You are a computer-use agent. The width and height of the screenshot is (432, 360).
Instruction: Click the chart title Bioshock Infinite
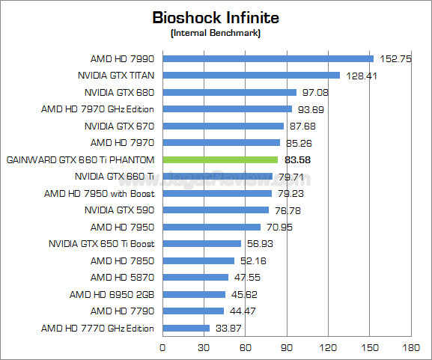click(x=216, y=16)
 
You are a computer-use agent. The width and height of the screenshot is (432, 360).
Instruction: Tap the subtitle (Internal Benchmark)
click(x=216, y=33)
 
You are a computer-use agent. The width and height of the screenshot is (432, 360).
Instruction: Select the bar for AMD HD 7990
click(x=267, y=58)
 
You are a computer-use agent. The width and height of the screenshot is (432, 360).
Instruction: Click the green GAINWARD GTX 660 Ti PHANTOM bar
click(x=220, y=159)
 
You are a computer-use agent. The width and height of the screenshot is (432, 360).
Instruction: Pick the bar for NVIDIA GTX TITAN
click(x=251, y=75)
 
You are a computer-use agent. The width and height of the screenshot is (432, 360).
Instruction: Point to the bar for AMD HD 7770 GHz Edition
click(x=186, y=328)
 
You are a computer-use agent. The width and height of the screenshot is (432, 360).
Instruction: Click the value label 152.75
click(x=395, y=58)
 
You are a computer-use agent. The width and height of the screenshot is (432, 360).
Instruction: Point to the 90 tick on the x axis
click(x=287, y=348)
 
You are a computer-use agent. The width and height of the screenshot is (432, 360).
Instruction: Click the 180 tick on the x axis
click(x=410, y=348)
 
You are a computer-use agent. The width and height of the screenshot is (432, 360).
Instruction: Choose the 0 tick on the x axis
click(x=162, y=348)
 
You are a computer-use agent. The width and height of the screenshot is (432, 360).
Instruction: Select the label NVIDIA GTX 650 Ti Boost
click(x=101, y=243)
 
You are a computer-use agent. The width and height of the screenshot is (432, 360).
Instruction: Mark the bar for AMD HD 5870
click(x=195, y=277)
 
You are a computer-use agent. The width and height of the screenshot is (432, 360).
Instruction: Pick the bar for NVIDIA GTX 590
click(x=215, y=210)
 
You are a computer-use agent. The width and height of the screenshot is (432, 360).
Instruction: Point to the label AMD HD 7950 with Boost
click(x=99, y=193)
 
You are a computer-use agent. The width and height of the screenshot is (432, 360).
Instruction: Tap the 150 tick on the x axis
click(x=369, y=348)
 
